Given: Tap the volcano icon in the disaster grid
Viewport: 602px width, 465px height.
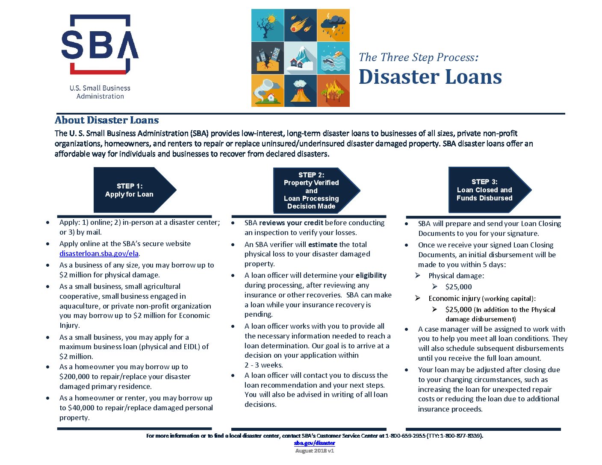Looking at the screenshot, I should coord(300,91).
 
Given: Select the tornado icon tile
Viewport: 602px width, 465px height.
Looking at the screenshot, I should coord(268,91).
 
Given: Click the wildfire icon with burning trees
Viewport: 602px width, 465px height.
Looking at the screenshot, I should coord(333,91).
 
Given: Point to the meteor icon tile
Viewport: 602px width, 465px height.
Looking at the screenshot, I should coord(300,25).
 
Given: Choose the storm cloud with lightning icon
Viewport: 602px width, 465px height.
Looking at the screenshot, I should coord(333,25).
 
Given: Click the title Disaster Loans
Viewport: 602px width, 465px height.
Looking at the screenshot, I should coord(430,77).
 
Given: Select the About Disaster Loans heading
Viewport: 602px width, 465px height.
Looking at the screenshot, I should coord(107,120).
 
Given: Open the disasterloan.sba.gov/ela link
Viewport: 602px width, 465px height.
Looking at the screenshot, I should coord(99,253).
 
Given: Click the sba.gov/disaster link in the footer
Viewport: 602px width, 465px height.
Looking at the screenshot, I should coord(315,443).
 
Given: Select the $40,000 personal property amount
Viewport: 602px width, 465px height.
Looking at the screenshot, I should coord(81,408).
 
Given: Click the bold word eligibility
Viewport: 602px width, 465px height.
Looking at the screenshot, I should coord(371,275).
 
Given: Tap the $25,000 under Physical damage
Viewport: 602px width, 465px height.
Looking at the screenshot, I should coord(458,287).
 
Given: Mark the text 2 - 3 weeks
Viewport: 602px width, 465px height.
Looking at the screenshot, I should coord(263,365).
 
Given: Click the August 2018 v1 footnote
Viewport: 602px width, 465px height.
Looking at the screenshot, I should coord(315,450).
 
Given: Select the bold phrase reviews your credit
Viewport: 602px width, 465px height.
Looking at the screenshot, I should coord(291,223).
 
